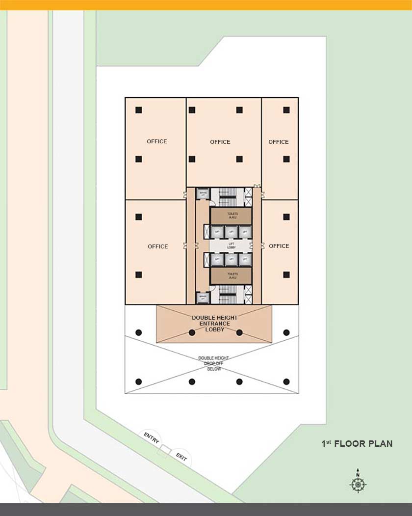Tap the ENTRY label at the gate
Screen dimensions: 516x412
[x=152, y=437]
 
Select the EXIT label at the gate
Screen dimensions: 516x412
[x=181, y=457]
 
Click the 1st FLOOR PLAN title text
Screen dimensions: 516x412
[x=357, y=444]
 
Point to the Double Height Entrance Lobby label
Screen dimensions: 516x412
[x=214, y=324]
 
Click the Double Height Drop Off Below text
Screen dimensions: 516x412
[x=214, y=364]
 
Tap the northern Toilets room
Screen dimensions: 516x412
[x=232, y=216]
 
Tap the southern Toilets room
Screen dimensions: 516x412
[x=232, y=275]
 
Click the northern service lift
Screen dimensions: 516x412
[x=203, y=194]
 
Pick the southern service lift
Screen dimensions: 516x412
[x=203, y=297]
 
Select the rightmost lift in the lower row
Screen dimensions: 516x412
[x=245, y=259]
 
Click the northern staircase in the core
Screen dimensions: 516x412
[x=228, y=197]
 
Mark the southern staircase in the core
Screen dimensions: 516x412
[x=228, y=294]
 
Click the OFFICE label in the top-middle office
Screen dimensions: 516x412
[x=220, y=142]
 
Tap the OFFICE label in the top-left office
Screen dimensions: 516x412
[x=157, y=141]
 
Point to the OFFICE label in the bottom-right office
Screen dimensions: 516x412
[x=279, y=246]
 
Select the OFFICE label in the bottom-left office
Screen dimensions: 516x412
[x=158, y=246]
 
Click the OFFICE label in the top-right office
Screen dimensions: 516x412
[x=279, y=142]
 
